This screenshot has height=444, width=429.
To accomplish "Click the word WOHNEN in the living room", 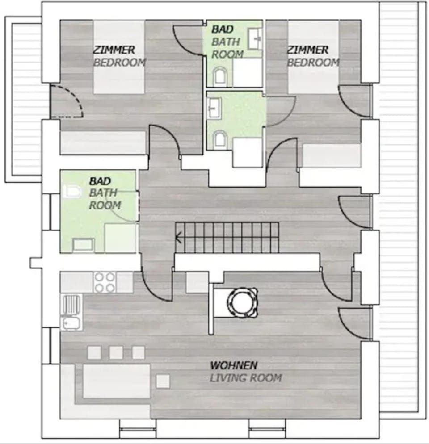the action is click(x=234, y=365).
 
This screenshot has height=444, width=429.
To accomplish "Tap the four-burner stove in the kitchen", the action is click(x=105, y=282).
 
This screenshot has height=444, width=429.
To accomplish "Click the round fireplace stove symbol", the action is click(x=243, y=303).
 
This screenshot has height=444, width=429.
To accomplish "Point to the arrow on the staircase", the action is click(x=178, y=237).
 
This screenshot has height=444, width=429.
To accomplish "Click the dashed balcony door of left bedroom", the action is click(x=66, y=101).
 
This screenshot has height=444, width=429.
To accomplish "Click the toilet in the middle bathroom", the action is click(x=219, y=139).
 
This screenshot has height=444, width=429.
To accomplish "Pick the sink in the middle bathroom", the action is click(x=214, y=108).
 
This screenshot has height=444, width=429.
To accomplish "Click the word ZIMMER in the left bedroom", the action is click(x=114, y=50).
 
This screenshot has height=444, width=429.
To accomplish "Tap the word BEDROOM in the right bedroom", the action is click(x=313, y=62).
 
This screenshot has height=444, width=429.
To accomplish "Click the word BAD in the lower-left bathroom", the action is click(x=100, y=181).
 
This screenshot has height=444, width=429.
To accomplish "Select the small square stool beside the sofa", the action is click(x=163, y=381).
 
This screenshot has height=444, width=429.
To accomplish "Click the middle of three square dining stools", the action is click(x=116, y=352).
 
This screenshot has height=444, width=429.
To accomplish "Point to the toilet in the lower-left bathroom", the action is click(x=73, y=192).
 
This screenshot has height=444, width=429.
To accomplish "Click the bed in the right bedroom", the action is click(x=313, y=57).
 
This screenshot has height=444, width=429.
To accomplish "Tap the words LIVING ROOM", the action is click(x=246, y=378).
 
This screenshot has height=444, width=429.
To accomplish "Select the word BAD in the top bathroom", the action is click(x=223, y=29).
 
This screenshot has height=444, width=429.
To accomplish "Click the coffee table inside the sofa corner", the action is click(x=117, y=381).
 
